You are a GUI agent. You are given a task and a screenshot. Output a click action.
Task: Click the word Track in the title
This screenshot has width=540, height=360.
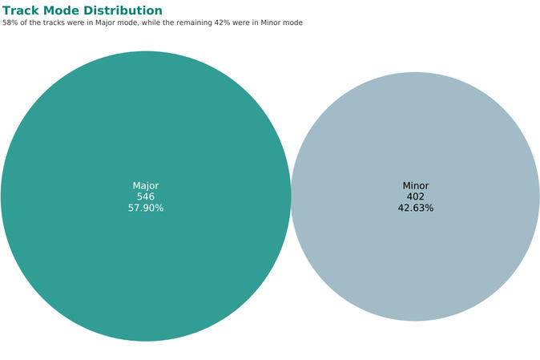tap(22, 10)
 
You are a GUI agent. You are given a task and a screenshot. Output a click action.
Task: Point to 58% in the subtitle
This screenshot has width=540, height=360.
tap(10, 22)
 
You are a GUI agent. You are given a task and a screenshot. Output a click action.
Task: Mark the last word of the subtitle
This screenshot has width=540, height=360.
tap(292, 22)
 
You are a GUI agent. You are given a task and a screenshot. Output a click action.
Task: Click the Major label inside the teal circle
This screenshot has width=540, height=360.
tap(146, 186)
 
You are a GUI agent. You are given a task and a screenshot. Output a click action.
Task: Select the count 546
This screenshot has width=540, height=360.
tap(146, 196)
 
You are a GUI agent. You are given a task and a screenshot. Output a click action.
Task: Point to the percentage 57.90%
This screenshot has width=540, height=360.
tap(146, 208)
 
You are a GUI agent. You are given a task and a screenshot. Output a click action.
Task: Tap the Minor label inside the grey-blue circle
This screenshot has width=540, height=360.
tap(415, 186)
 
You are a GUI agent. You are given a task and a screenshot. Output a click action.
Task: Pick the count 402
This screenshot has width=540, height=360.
tap(415, 196)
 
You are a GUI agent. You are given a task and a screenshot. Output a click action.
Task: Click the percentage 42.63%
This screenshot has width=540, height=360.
tap(415, 208)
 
